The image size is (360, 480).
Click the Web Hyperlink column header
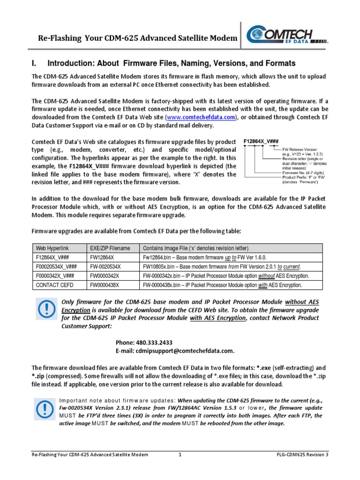point(51,248)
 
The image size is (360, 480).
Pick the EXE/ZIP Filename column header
point(110,248)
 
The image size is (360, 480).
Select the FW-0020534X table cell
point(105,266)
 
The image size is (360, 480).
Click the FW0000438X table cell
point(105,285)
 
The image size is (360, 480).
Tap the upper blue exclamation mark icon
point(46,308)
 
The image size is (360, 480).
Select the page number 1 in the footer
point(180,455)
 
